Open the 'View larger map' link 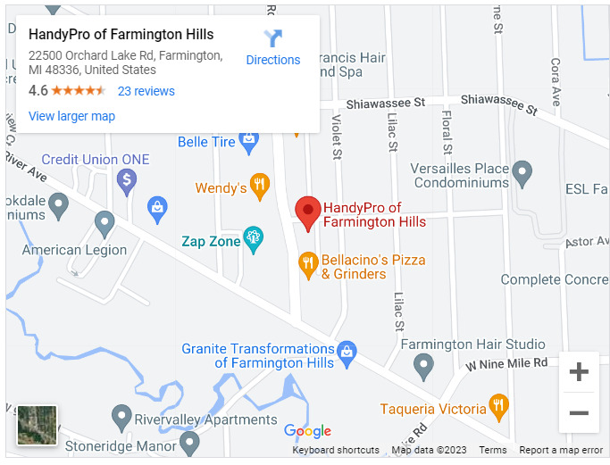[71, 116]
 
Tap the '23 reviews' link [146, 91]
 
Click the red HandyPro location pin [308, 212]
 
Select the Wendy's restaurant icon [260, 187]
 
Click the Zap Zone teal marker [253, 238]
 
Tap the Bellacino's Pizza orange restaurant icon [308, 263]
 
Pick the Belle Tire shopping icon [248, 140]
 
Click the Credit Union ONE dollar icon [126, 181]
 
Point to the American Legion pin [104, 223]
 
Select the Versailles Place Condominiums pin [522, 173]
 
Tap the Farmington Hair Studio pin [424, 364]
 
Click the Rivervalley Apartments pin [121, 417]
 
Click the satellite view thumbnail [38, 425]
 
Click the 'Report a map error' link [561, 451]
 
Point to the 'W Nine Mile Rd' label [506, 363]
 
